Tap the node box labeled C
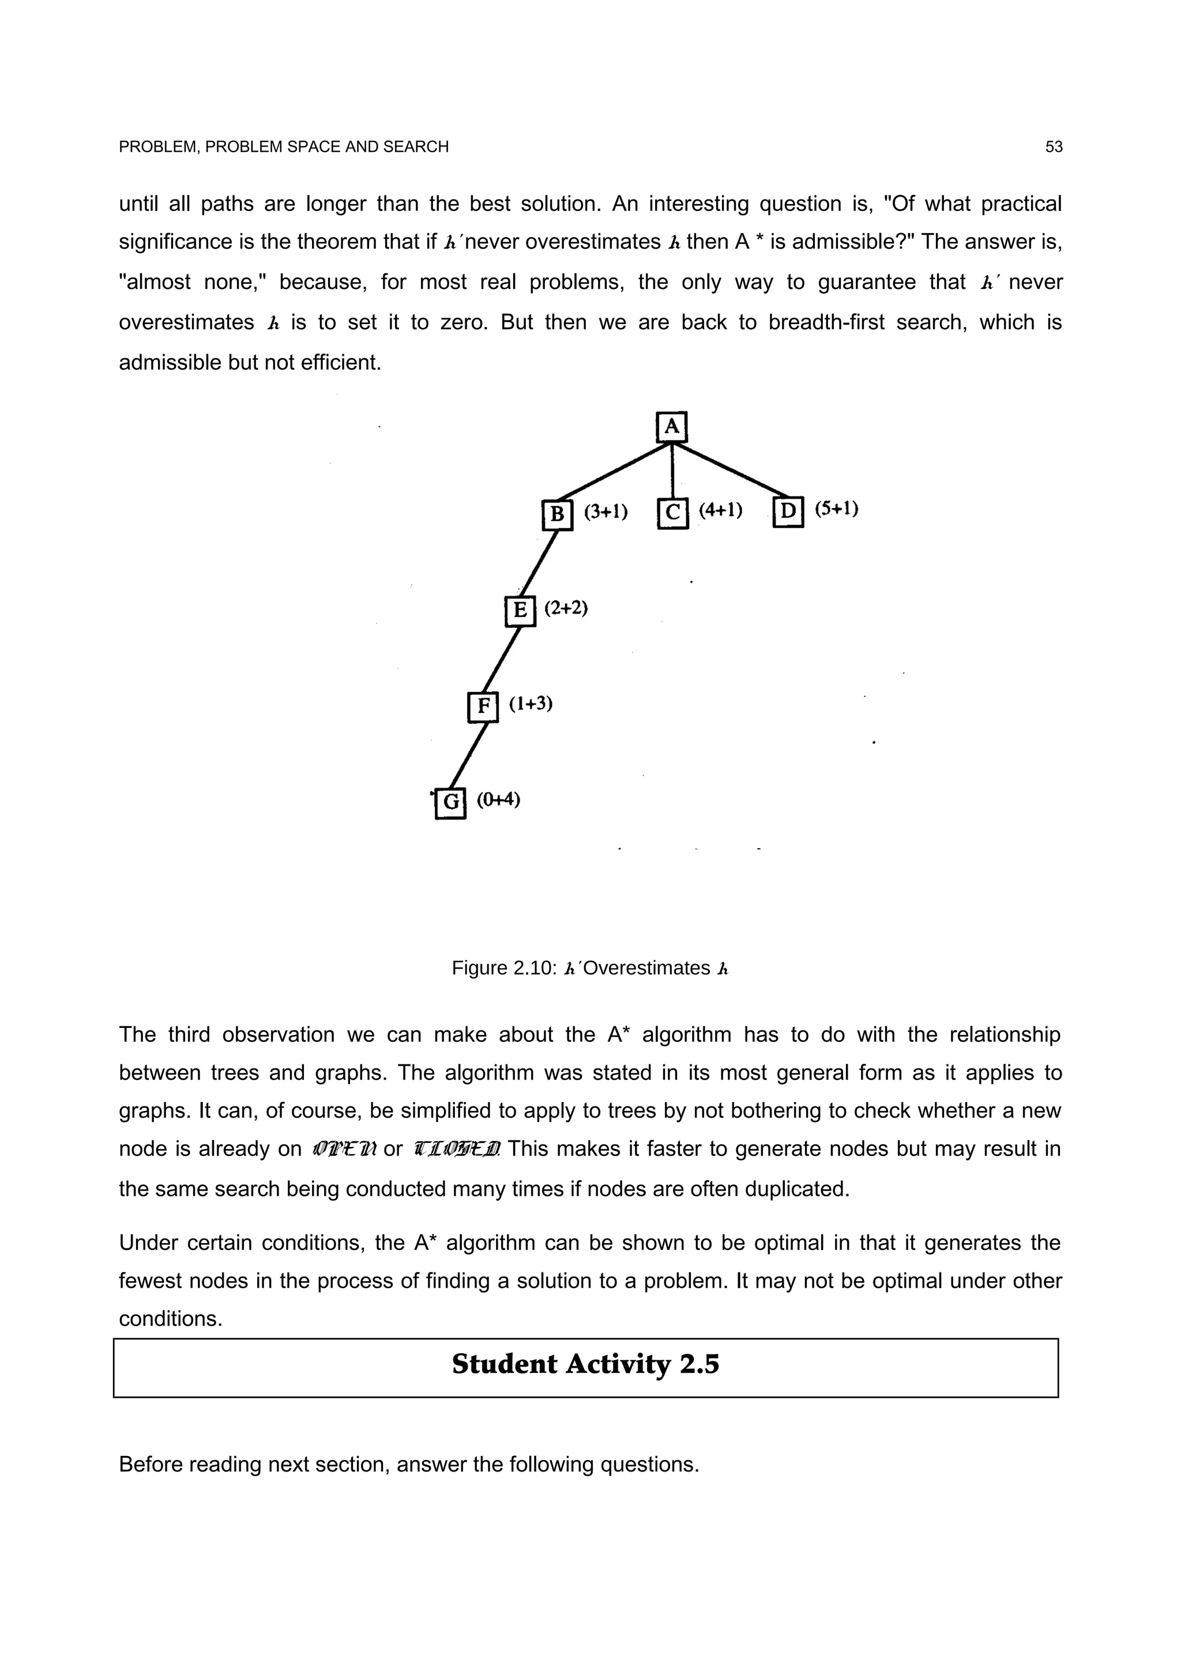coord(672,513)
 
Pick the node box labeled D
coord(788,511)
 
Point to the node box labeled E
coord(520,610)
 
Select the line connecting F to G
coord(467,755)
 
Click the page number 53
coord(1053,147)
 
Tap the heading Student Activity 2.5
coord(585,1364)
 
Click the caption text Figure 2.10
coord(503,968)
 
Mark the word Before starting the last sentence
coord(151,1463)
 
